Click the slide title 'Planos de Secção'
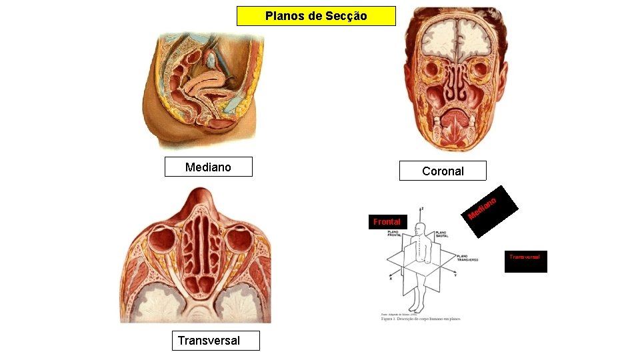tap(316, 16)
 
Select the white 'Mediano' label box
tap(208, 167)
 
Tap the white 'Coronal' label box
tap(443, 171)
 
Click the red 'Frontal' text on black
tap(387, 221)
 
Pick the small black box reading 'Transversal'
tap(525, 261)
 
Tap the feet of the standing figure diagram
tap(416, 309)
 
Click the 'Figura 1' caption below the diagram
tap(420, 319)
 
